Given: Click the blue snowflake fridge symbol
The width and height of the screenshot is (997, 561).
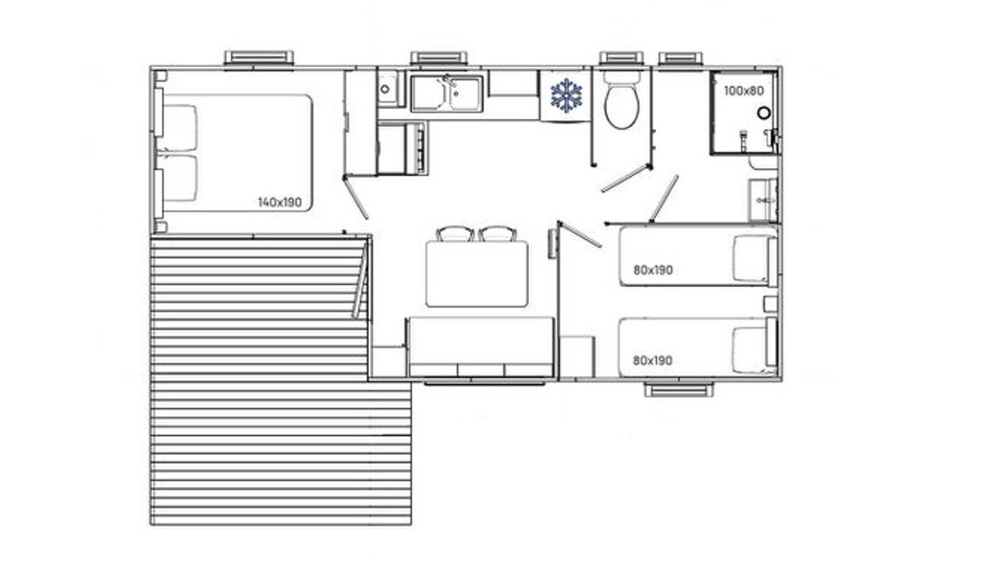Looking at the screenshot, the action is tap(566, 95).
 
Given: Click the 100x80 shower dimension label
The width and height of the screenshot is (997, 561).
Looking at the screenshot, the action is tap(744, 91).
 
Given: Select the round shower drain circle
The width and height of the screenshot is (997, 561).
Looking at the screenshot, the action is tap(764, 113).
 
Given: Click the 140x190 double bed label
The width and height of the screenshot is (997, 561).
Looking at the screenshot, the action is tap(280, 202).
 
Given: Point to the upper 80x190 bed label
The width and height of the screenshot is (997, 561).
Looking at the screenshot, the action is tap(653, 270).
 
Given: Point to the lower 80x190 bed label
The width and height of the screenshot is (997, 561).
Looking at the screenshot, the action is tap(653, 360).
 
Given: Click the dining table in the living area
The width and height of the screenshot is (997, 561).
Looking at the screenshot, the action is tap(477, 273).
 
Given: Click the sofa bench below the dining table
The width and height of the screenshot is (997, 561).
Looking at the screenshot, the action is tap(481, 347).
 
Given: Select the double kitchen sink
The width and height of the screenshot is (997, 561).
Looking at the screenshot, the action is tap(446, 93).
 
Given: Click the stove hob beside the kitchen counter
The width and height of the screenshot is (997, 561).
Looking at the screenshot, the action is tap(403, 149).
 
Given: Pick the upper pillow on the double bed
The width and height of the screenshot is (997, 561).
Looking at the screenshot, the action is tap(179, 128).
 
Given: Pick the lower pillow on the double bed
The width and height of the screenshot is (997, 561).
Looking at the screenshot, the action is tap(179, 178).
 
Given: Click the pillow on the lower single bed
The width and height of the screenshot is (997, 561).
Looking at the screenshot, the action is tap(750, 351).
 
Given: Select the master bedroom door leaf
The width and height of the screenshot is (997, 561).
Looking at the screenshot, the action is tap(356, 198).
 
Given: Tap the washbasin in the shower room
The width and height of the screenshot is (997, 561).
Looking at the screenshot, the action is tap(763, 200).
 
